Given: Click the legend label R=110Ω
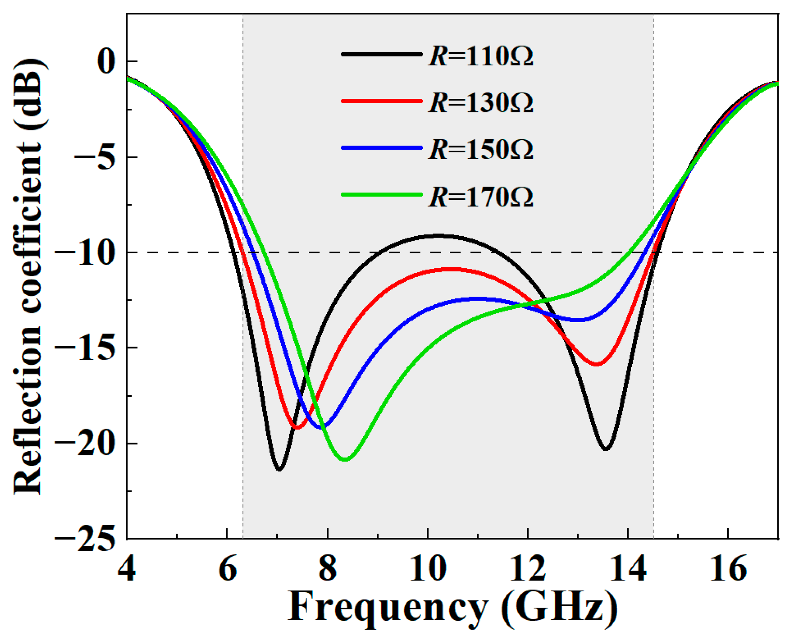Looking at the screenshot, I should tap(481, 56).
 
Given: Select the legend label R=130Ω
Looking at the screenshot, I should tap(481, 103).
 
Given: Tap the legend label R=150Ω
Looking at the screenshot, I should tap(481, 150).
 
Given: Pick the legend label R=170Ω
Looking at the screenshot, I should tap(481, 197).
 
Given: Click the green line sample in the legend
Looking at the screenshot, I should tap(381, 195).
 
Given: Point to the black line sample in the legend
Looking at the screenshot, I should tap(381, 54).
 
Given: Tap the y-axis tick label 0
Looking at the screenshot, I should tap(106, 62).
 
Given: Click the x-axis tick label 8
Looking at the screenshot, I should tap(328, 569).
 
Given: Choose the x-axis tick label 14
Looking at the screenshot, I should tap(628, 569).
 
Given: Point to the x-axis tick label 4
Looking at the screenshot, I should tap(127, 569).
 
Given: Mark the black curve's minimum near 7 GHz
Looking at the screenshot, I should tap(279, 469).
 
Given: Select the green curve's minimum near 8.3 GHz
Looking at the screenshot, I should tap(345, 460).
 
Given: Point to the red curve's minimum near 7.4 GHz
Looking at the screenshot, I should tap(297, 427).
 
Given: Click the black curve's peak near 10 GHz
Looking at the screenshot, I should tap(438, 236).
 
